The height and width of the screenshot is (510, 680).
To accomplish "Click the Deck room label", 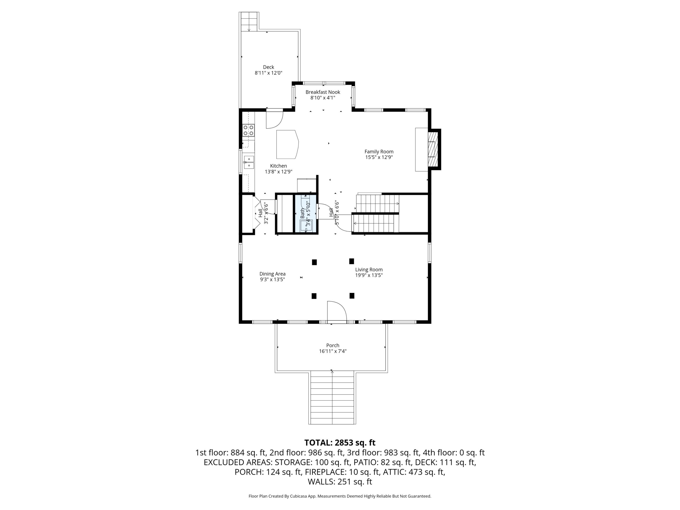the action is pos(268,67).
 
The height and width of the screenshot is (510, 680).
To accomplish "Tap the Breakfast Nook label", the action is pos(323,92).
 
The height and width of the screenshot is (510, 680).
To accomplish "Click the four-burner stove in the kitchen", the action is pos(248,130).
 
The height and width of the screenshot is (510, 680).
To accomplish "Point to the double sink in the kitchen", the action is pos(249,162).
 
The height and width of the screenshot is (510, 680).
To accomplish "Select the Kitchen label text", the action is pos(279,166).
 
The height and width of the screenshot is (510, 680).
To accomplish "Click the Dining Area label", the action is pos(272,274).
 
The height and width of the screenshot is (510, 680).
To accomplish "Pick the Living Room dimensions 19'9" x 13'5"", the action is pos(369,275).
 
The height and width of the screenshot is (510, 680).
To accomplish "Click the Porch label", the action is pos(333,346).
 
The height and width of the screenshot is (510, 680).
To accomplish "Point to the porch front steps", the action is pos(332,397).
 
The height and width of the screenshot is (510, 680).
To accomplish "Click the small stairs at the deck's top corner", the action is pos(249,22).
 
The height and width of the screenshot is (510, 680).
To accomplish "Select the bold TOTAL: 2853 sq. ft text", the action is pos(340,443).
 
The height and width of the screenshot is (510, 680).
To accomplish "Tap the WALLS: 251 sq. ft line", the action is pos(340,482).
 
